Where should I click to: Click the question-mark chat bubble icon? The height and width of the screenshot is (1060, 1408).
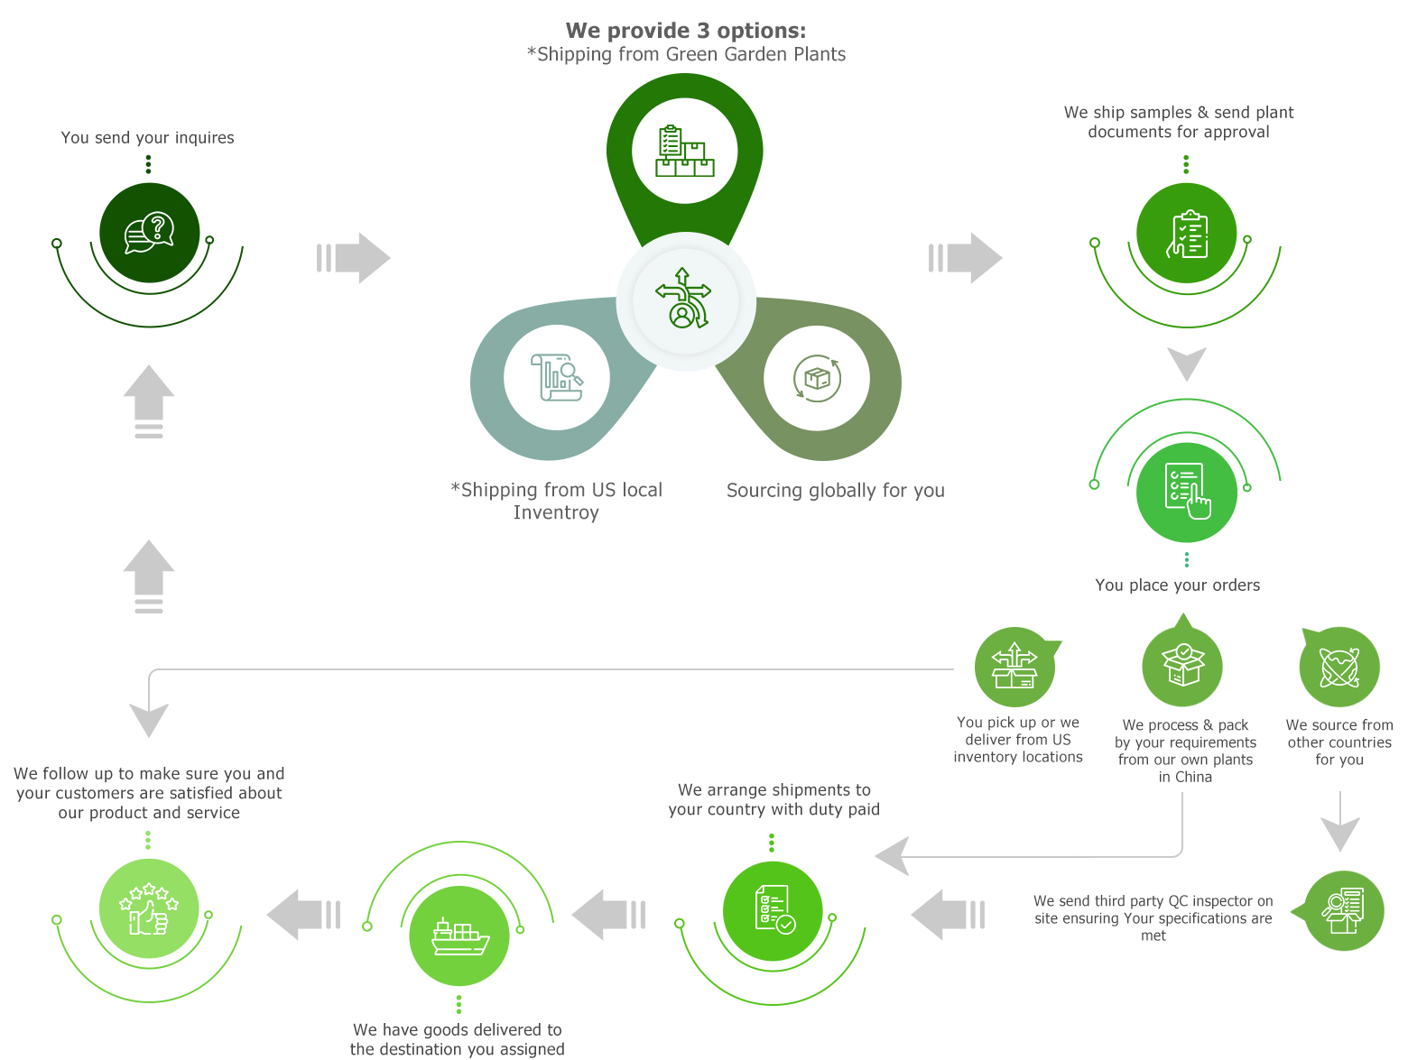coord(149,233)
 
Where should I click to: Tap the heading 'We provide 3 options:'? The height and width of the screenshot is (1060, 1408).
coord(685,30)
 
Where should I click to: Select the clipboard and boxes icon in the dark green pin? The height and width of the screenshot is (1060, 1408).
coord(684,151)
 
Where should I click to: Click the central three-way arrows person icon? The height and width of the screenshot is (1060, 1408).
coord(683,298)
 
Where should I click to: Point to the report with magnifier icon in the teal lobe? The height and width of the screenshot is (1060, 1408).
coord(556,377)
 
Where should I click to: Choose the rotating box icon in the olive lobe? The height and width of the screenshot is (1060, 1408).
coord(817,378)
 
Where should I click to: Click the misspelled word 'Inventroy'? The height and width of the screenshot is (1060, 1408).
coord(555,512)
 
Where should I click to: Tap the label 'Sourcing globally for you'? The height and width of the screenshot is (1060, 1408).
coord(835,490)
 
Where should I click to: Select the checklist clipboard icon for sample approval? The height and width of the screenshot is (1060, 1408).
coord(1187,234)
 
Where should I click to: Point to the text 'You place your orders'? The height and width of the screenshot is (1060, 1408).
coord(1177,585)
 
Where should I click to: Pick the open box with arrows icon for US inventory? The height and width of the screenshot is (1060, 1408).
coord(1014,666)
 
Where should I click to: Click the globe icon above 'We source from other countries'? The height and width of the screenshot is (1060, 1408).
coord(1339,667)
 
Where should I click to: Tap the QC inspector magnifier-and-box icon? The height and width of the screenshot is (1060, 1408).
coord(1343,910)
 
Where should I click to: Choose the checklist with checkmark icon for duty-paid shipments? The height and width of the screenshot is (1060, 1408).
coord(774,910)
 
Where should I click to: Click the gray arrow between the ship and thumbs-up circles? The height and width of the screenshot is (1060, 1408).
coord(303,915)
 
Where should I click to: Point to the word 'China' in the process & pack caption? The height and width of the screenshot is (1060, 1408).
coord(1193,777)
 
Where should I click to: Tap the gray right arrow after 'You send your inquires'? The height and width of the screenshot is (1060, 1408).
coord(354,258)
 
